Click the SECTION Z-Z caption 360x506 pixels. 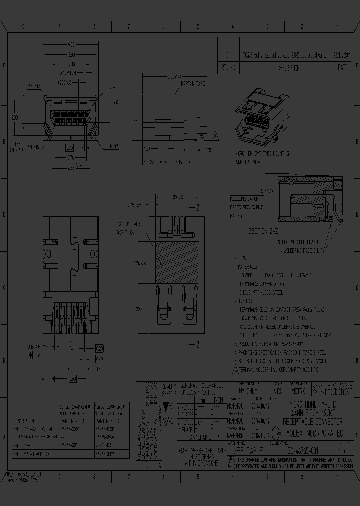[269, 232]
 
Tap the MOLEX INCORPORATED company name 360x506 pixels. [314, 433]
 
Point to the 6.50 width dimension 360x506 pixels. [71, 45]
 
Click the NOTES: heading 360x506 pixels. [241, 258]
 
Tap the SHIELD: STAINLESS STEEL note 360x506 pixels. [261, 292]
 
